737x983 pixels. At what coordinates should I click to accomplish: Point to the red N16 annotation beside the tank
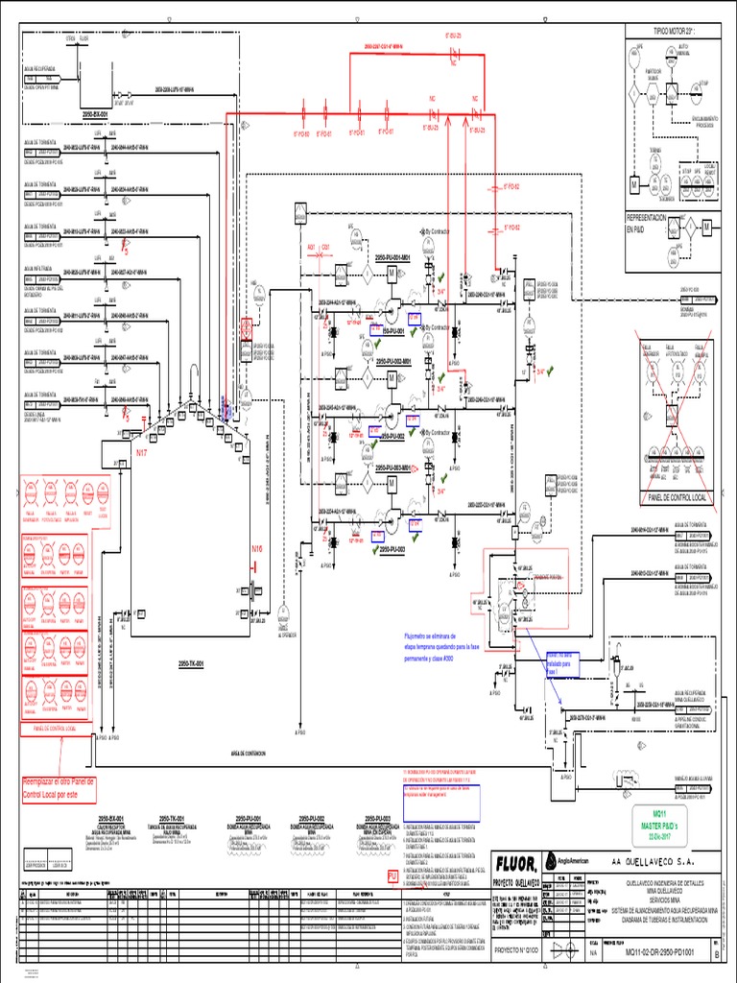256,549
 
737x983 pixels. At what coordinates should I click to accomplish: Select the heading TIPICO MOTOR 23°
674,31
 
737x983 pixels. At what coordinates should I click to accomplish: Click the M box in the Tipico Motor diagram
634,182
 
